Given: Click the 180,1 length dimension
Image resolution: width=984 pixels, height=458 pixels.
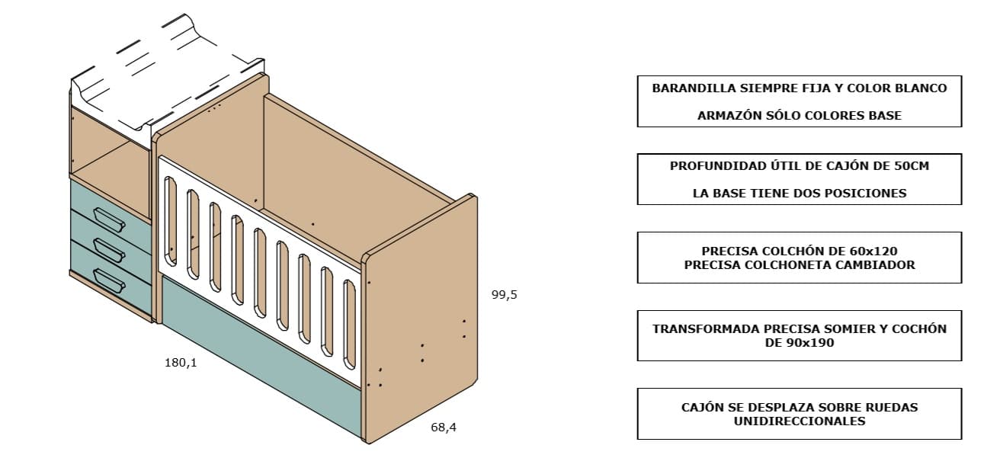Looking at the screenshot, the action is (x=181, y=363).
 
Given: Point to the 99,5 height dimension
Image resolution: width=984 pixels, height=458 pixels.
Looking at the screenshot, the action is (x=505, y=295).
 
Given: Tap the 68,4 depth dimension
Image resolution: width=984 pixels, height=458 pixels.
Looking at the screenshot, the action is (x=444, y=428).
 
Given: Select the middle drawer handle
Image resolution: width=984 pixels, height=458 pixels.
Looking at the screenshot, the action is (x=110, y=250).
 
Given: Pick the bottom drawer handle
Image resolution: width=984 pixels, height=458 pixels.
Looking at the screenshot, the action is (x=110, y=281).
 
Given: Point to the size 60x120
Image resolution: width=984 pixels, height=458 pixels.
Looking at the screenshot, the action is (x=872, y=251).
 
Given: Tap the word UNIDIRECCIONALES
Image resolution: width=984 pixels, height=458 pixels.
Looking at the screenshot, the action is (x=800, y=421).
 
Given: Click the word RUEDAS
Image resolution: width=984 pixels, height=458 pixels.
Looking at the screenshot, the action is (x=891, y=407).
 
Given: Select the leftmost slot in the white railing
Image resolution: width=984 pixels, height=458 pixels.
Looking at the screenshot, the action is (x=171, y=221).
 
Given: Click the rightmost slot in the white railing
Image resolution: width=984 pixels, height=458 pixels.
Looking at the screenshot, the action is (x=350, y=325).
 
